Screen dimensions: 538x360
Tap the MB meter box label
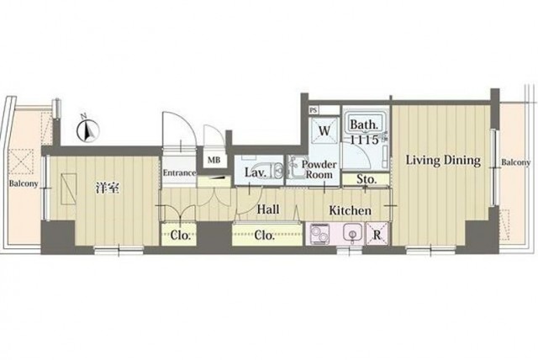(x=214, y=160)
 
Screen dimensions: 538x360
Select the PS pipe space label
(x=313, y=110)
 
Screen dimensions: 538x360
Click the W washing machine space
(x=324, y=130)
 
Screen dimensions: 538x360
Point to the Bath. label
(x=364, y=124)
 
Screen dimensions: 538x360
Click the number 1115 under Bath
(x=364, y=140)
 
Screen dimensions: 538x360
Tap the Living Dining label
(x=443, y=161)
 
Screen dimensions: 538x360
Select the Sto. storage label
(x=367, y=179)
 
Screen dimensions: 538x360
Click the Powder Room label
(x=319, y=169)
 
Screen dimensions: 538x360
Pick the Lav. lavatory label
(x=256, y=172)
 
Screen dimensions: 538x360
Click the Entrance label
(x=179, y=172)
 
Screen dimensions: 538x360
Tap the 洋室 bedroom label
(x=107, y=188)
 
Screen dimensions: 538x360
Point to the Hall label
(x=268, y=209)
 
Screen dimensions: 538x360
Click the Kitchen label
(x=350, y=210)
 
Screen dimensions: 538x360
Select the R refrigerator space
(x=377, y=234)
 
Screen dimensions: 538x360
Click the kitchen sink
(x=351, y=234)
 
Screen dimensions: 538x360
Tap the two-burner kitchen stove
(x=319, y=234)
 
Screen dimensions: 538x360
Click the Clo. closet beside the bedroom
(x=179, y=235)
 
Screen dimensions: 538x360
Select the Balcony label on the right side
(x=515, y=162)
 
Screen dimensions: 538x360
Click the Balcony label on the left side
(x=24, y=183)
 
